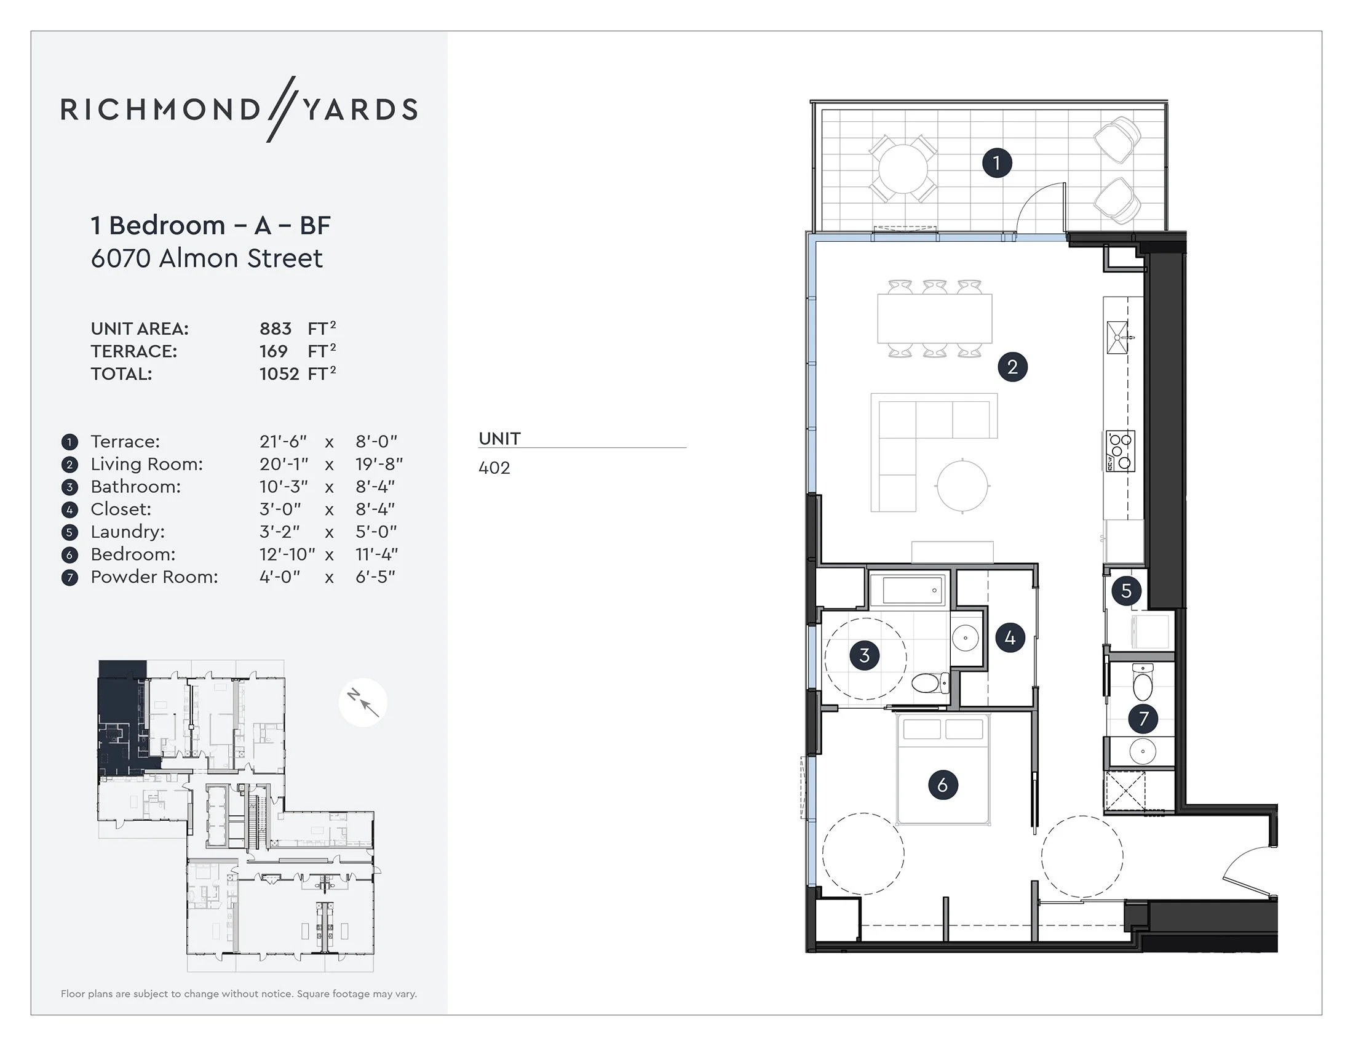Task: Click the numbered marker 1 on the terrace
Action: pyautogui.click(x=997, y=163)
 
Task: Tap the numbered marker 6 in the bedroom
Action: pyautogui.click(x=943, y=785)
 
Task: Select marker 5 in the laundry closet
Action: pyautogui.click(x=1126, y=591)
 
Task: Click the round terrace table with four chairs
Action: pyautogui.click(x=903, y=169)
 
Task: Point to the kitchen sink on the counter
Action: pyautogui.click(x=1117, y=338)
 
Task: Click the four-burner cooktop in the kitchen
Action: pyautogui.click(x=1120, y=451)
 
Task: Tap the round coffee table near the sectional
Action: pyautogui.click(x=962, y=486)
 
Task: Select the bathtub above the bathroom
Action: pyautogui.click(x=908, y=590)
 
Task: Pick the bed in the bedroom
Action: pyautogui.click(x=943, y=770)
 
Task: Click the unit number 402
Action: pyautogui.click(x=494, y=468)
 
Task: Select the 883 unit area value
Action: pyautogui.click(x=275, y=329)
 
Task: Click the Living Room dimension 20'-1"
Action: pyautogui.click(x=284, y=464)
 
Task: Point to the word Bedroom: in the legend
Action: pyautogui.click(x=133, y=554)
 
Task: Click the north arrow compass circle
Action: pyautogui.click(x=363, y=702)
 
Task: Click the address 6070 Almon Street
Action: pyautogui.click(x=206, y=258)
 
